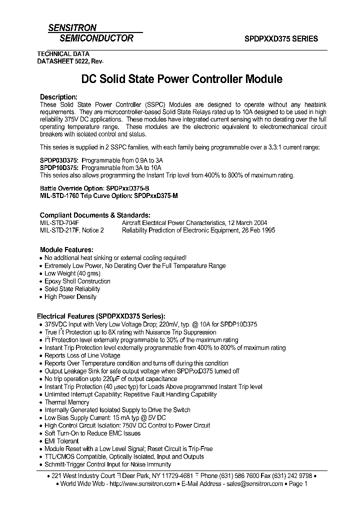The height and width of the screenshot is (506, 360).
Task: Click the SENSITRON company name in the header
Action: coord(72,28)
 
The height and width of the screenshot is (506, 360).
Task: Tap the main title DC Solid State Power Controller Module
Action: coord(182,79)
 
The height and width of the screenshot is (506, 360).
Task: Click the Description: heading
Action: coord(58,97)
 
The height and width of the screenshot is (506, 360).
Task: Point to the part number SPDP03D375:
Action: coord(59,160)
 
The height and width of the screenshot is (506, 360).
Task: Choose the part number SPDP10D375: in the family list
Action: coord(59,168)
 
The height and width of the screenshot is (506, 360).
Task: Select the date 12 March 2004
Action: coord(247,222)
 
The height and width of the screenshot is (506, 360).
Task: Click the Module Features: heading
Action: coord(66,249)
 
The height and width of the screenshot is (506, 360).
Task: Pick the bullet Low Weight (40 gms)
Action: coord(72,273)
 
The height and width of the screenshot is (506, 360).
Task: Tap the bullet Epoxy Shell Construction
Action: coord(77,281)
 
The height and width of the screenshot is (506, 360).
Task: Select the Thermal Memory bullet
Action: coord(67,402)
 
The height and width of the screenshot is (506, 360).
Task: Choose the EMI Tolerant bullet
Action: coord(61,441)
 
